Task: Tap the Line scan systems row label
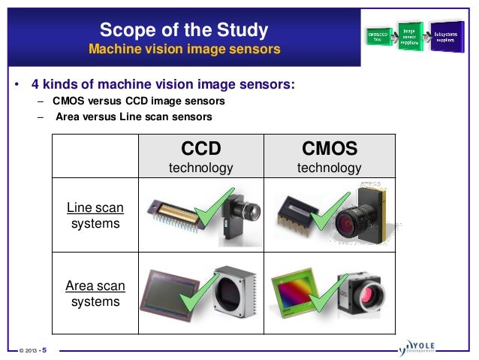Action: pos(95,215)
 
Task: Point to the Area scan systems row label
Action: pos(95,293)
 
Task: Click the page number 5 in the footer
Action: pos(43,349)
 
